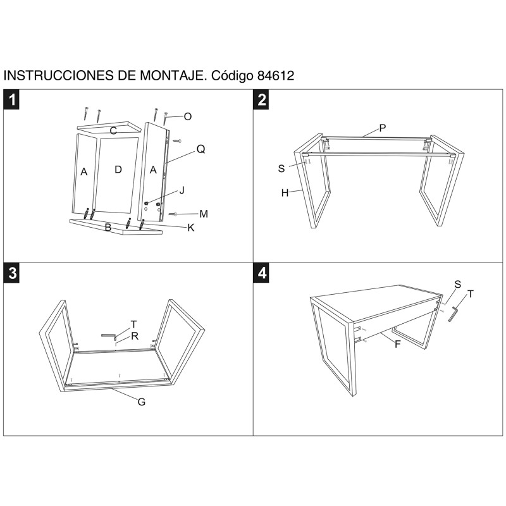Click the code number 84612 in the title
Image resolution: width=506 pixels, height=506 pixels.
click(x=276, y=75)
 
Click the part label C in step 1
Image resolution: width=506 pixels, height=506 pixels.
click(x=113, y=131)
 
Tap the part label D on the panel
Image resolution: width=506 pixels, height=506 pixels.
click(x=118, y=169)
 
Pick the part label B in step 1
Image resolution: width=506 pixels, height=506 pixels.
click(x=108, y=228)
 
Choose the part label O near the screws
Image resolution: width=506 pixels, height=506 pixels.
click(x=187, y=116)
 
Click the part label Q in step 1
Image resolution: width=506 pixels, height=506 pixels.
click(x=201, y=149)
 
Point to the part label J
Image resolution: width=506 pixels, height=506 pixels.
click(x=182, y=190)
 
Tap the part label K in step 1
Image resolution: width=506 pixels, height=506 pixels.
click(x=190, y=228)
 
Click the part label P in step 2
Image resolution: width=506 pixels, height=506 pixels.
click(x=383, y=128)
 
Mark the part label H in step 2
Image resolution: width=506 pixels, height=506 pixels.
click(x=285, y=193)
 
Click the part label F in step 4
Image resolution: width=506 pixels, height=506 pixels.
click(x=397, y=345)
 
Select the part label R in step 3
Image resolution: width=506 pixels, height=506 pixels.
click(x=135, y=336)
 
